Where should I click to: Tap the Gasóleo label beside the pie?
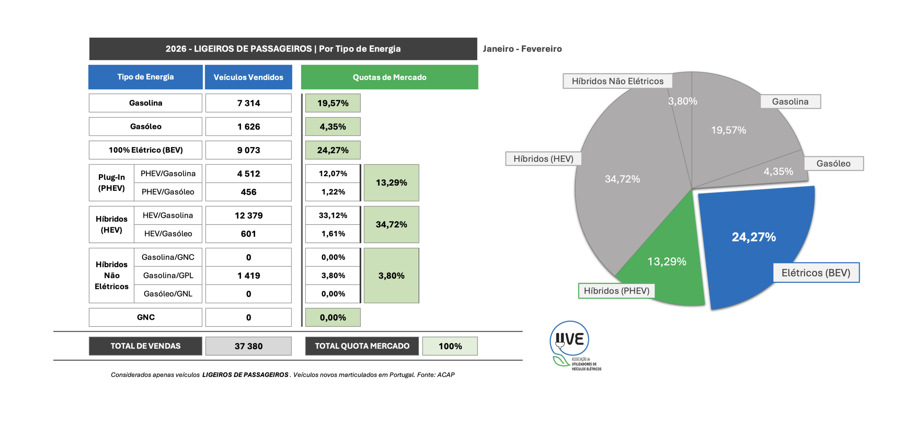pyautogui.click(x=833, y=163)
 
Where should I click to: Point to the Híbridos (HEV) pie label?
pyautogui.click(x=543, y=159)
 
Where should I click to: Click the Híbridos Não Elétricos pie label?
pyautogui.click(x=617, y=81)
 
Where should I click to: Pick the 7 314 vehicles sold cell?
pyautogui.click(x=248, y=103)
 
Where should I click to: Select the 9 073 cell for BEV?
pyautogui.click(x=248, y=150)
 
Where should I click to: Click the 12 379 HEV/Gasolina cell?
pyautogui.click(x=248, y=215)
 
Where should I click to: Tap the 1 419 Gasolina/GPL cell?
pyautogui.click(x=248, y=275)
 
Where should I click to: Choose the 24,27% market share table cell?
pyautogui.click(x=333, y=150)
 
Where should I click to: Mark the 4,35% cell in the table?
pyautogui.click(x=333, y=126)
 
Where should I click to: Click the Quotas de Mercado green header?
pyautogui.click(x=389, y=77)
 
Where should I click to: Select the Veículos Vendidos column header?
pyautogui.click(x=248, y=77)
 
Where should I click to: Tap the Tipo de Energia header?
pyautogui.click(x=145, y=77)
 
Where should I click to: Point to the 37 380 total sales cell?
pyautogui.click(x=248, y=346)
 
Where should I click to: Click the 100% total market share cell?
pyautogui.click(x=450, y=346)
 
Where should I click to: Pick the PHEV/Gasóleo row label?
pyautogui.click(x=168, y=192)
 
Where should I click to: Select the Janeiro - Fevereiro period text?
pyautogui.click(x=522, y=49)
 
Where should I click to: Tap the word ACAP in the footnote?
pyautogui.click(x=445, y=374)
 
